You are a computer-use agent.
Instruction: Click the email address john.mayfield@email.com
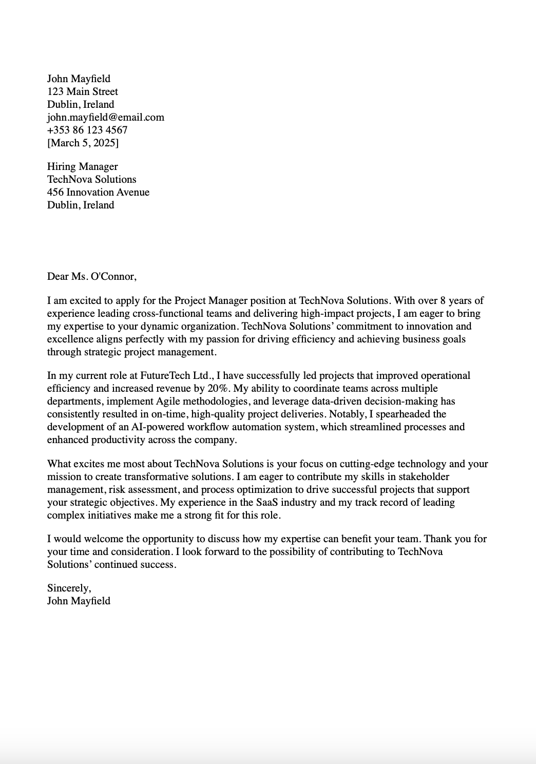106,117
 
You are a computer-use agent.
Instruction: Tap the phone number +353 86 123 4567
87,130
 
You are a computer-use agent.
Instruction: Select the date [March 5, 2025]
83,143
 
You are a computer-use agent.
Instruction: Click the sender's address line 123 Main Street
83,91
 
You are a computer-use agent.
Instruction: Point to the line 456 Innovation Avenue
98,192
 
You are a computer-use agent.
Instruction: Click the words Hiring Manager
83,166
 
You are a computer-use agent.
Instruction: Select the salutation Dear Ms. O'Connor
92,276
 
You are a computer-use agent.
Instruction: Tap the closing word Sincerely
69,588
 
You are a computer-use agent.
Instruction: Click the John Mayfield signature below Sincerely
79,601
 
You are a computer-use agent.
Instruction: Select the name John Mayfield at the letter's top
79,79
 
